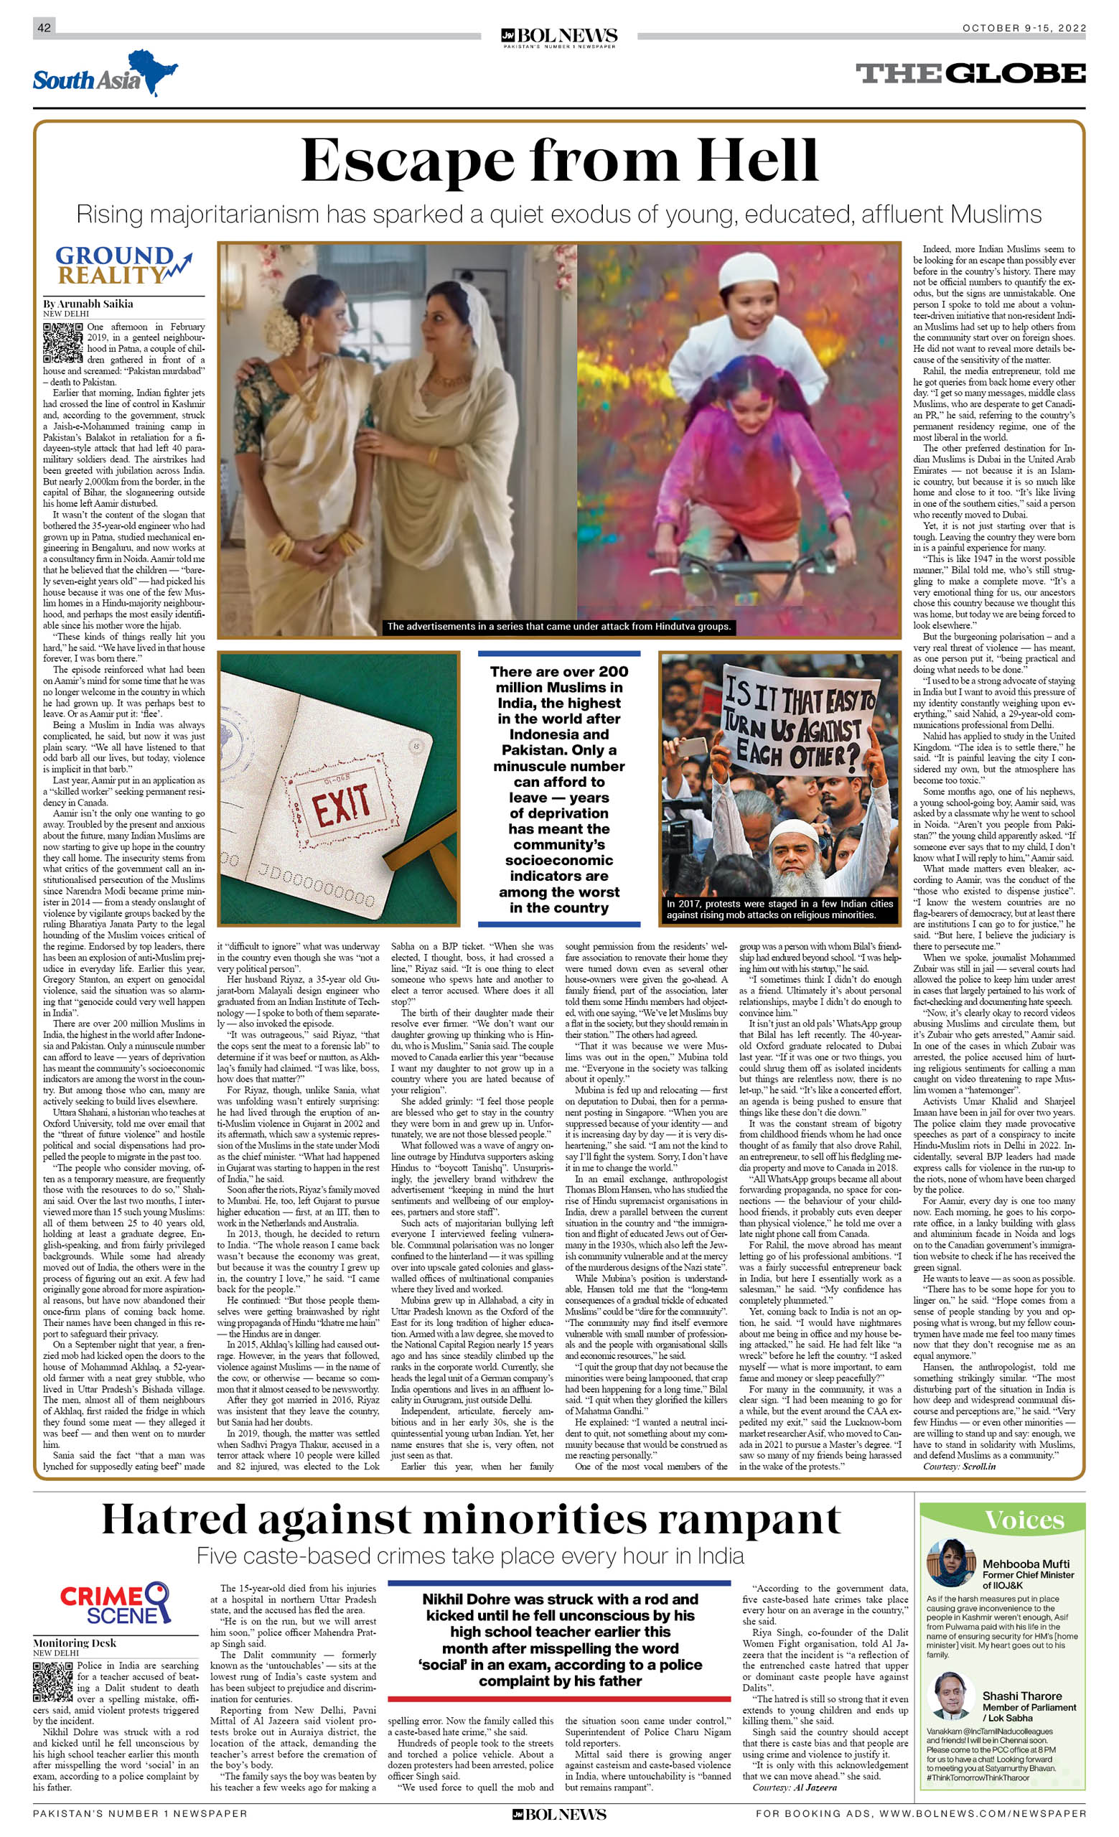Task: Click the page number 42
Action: [44, 27]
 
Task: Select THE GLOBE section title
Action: [970, 73]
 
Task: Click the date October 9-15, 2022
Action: [1024, 28]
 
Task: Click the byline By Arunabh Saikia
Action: [88, 304]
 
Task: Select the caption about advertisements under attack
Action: [558, 626]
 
